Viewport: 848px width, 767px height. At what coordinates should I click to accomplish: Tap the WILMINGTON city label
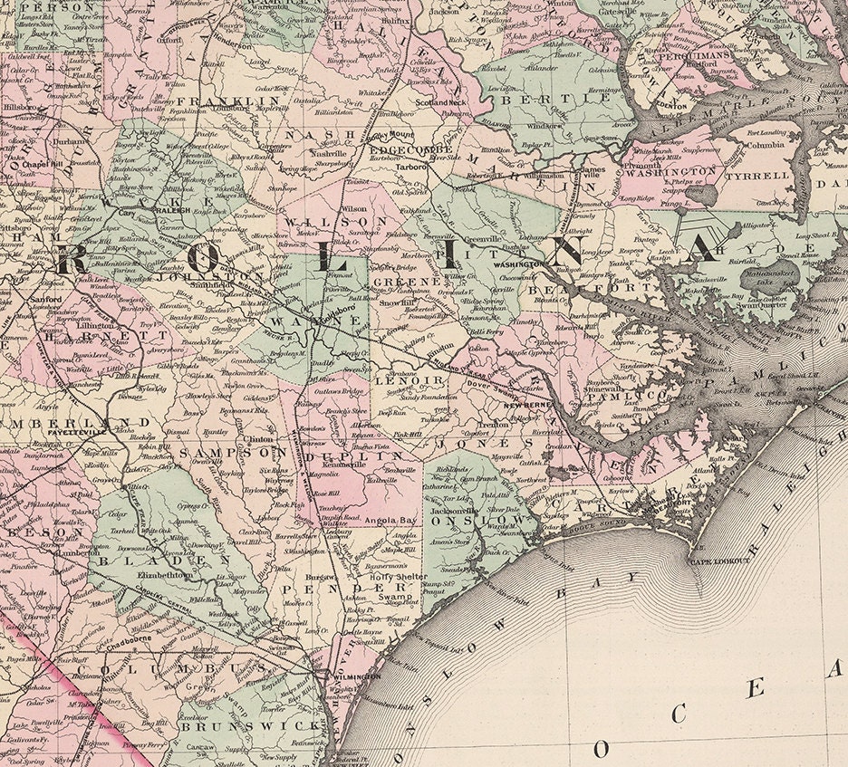click(357, 676)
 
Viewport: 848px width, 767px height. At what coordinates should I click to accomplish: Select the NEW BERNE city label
click(522, 405)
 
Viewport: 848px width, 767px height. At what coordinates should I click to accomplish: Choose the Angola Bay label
click(389, 521)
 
